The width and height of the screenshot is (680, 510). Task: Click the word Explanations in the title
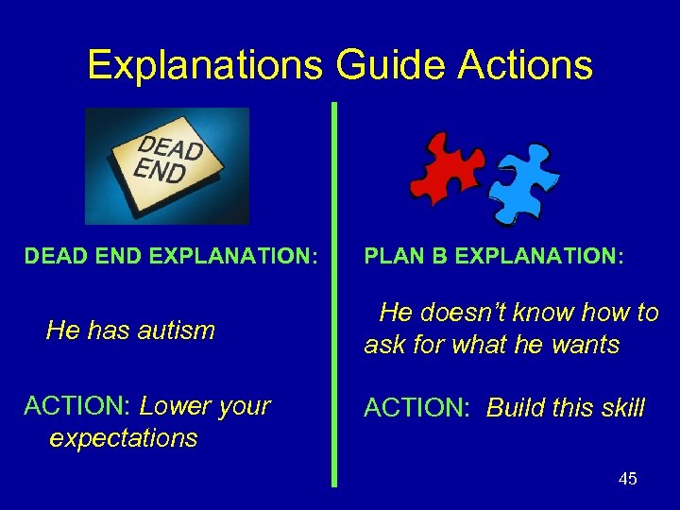(x=203, y=65)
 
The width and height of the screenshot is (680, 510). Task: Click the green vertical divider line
(x=333, y=293)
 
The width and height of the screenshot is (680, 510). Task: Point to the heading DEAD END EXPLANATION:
(x=170, y=256)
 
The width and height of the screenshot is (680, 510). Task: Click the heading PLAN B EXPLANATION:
(x=494, y=256)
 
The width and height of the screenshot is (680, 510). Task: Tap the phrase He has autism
(x=130, y=331)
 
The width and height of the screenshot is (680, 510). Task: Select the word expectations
(x=123, y=438)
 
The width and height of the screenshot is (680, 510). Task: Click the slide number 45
(x=627, y=479)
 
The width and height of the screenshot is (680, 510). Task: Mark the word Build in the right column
(x=517, y=408)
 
